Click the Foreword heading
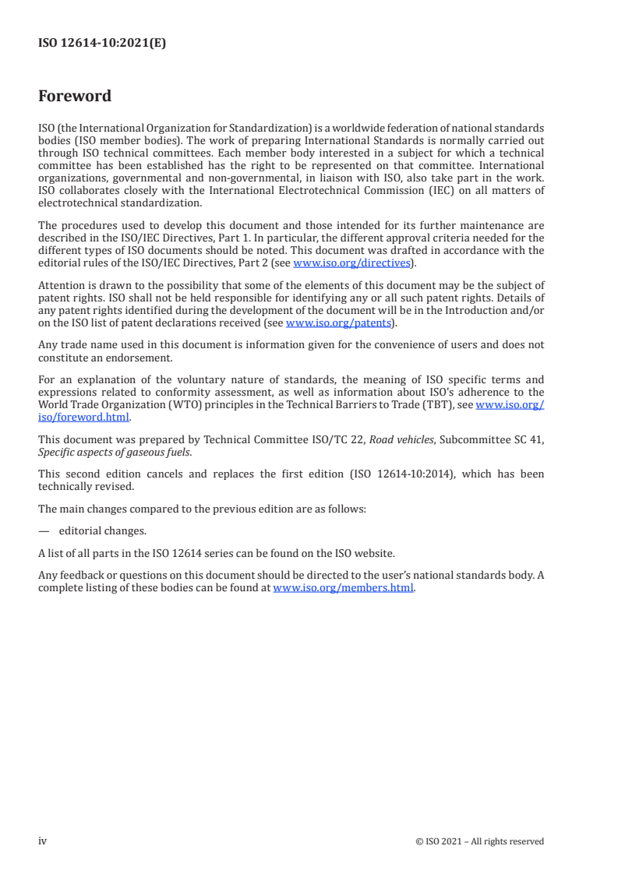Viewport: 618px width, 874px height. tap(75, 97)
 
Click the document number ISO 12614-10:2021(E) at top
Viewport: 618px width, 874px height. tap(102, 44)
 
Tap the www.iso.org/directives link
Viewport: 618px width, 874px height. tap(351, 263)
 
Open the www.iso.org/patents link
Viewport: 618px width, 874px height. tap(338, 322)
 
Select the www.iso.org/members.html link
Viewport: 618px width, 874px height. tap(343, 588)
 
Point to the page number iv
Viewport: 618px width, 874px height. tap(43, 841)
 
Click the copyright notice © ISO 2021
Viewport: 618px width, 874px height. tap(480, 841)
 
